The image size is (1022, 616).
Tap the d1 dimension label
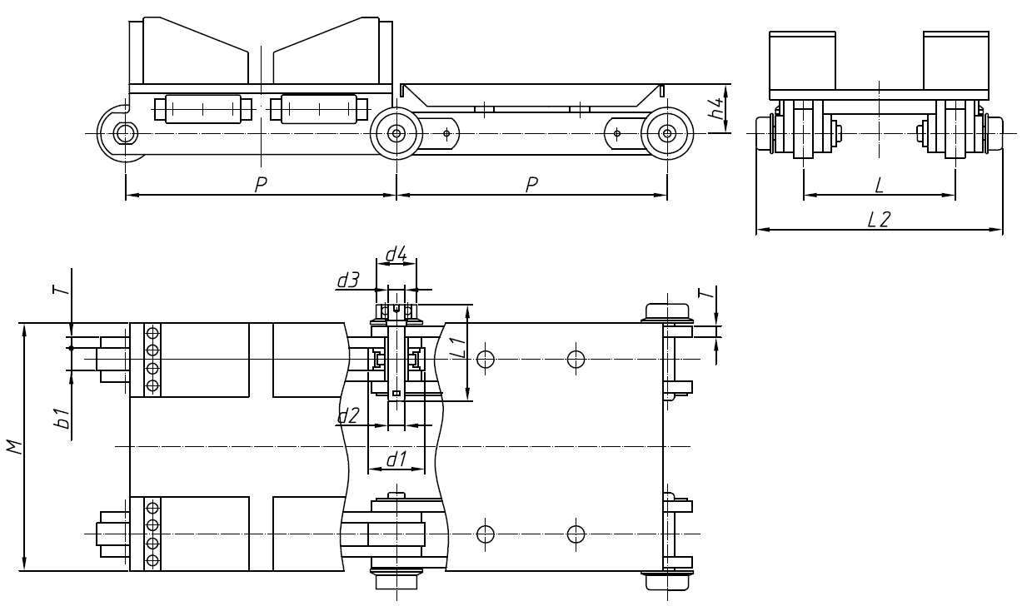point(396,457)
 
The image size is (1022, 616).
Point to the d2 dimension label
point(348,415)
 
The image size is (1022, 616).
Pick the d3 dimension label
point(348,281)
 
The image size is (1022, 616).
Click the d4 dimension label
point(396,254)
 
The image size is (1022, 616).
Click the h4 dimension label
point(714,108)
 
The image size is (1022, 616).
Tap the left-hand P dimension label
point(260,185)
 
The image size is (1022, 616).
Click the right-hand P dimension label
point(531,185)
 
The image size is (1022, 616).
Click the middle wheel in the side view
point(396,132)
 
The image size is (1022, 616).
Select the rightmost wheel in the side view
point(667,132)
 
